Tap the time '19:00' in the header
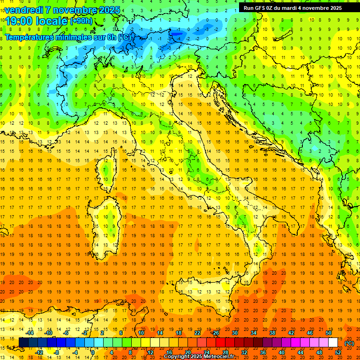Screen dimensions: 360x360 (19, 21)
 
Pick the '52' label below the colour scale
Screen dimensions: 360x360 (338, 352)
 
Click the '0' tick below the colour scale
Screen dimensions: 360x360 (93, 352)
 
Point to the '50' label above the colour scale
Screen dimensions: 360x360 (329, 333)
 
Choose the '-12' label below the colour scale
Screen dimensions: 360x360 (39, 352)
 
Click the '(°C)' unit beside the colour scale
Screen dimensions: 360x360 (349, 343)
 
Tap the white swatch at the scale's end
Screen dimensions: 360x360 (333, 342)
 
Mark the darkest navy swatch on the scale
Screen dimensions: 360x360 (23, 342)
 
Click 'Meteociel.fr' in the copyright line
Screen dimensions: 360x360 (222, 357)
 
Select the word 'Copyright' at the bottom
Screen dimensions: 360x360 (177, 357)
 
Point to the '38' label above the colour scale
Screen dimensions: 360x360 (272, 333)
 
